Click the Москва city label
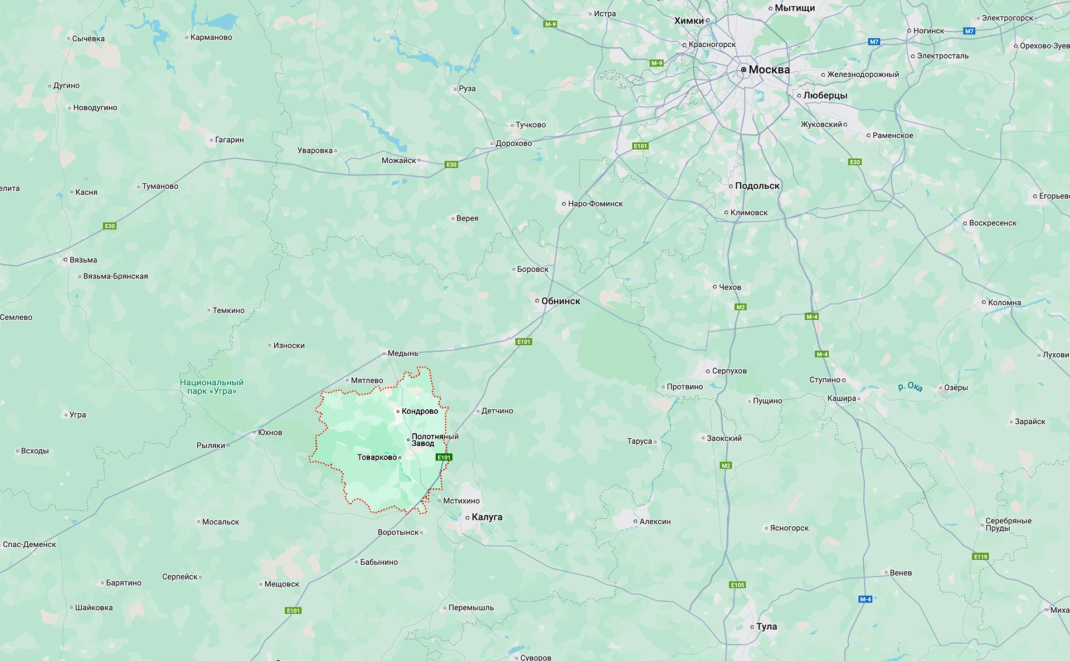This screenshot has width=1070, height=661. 769,70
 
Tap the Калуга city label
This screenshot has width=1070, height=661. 487,517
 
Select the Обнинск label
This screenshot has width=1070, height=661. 561,301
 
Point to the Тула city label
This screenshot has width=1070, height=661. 766,626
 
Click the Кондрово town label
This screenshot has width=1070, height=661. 420,411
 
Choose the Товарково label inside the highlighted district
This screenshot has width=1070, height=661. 377,457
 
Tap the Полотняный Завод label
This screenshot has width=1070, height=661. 435,440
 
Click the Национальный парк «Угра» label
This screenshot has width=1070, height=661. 212,386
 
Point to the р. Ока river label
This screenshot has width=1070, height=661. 910,386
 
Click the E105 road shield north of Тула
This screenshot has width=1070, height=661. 737,585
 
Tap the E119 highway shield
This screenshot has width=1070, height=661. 980,556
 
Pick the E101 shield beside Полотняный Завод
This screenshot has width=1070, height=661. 444,457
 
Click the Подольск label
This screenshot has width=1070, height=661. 757,186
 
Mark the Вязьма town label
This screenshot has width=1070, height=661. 83,260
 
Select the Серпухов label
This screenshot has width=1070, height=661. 729,371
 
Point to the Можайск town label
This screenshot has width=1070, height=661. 399,160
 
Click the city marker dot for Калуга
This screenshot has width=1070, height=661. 468,517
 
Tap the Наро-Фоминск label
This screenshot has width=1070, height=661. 595,204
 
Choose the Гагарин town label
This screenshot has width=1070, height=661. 230,140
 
